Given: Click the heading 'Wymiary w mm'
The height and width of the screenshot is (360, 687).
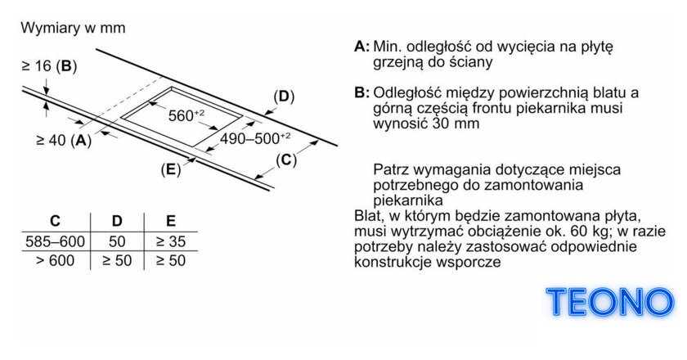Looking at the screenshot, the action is (73, 28).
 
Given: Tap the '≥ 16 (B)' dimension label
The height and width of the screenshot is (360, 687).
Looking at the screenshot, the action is (49, 66).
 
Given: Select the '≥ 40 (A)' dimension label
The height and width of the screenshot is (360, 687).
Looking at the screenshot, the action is (64, 140).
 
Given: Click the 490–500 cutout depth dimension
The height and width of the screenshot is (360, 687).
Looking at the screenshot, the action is (255, 138).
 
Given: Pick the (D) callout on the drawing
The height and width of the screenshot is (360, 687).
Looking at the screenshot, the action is (284, 97).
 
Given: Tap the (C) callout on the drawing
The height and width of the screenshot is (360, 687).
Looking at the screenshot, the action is (286, 160).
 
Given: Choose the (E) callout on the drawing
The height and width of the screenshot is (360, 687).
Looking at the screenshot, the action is (170, 169).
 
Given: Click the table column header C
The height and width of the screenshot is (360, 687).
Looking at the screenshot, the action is (56, 221).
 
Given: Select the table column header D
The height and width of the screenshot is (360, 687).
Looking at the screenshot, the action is (117, 221).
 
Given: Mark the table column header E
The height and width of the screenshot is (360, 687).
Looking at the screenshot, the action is (171, 221).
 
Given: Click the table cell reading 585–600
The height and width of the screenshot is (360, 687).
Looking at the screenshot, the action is (56, 241).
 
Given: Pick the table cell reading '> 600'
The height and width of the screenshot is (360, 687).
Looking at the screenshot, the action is (56, 261).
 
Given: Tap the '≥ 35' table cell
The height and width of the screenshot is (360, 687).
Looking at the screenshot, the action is (171, 241).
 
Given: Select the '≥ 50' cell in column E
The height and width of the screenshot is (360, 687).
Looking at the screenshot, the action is (171, 261).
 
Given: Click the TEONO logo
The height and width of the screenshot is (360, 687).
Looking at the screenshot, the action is (610, 302).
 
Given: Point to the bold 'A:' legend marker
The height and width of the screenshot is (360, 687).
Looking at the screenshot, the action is (361, 47).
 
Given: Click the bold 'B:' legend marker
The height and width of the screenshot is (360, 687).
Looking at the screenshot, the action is (361, 93).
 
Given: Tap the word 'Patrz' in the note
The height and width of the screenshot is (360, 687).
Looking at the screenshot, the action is (391, 169).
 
